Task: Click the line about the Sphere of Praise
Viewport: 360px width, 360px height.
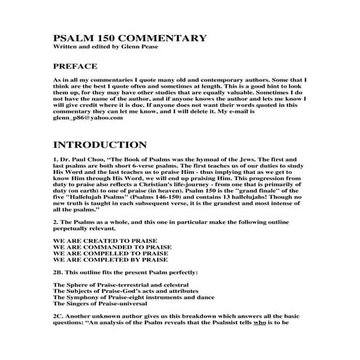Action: [x=116, y=285]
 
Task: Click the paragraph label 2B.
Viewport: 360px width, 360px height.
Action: [x=60, y=272]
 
